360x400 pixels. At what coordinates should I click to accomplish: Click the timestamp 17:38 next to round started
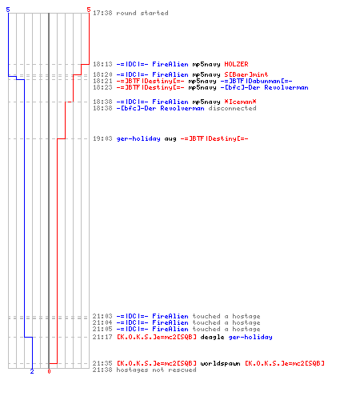pyautogui.click(x=102, y=13)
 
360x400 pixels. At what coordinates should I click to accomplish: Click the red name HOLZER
pyautogui.click(x=236, y=64)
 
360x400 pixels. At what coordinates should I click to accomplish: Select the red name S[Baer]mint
pyautogui.click(x=246, y=74)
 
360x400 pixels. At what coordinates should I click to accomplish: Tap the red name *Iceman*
pyautogui.click(x=240, y=102)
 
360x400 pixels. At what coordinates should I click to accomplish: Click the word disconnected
pyautogui.click(x=232, y=108)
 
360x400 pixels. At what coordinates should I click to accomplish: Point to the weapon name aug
pyautogui.click(x=170, y=138)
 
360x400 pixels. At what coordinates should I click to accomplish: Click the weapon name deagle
pyautogui.click(x=212, y=337)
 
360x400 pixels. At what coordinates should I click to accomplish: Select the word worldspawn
pyautogui.click(x=220, y=363)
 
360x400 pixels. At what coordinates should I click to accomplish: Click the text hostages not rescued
pyautogui.click(x=156, y=370)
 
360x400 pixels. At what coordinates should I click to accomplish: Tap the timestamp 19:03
pyautogui.click(x=102, y=138)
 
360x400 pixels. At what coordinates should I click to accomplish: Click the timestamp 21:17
pyautogui.click(x=102, y=337)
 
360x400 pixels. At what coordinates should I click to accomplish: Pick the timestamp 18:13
pyautogui.click(x=102, y=64)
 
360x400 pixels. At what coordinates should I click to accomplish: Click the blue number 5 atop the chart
pyautogui.click(x=8, y=10)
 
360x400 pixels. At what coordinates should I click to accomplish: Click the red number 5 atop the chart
pyautogui.click(x=89, y=10)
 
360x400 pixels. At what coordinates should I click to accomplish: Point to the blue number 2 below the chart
pyautogui.click(x=32, y=371)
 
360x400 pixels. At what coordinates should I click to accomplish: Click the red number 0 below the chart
pyautogui.click(x=49, y=371)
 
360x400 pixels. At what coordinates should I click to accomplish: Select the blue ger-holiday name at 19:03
pyautogui.click(x=138, y=138)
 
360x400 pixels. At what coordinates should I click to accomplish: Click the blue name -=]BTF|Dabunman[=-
pyautogui.click(x=256, y=81)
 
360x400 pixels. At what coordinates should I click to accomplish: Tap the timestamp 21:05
pyautogui.click(x=102, y=329)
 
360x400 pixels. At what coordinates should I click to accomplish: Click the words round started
pyautogui.click(x=142, y=13)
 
